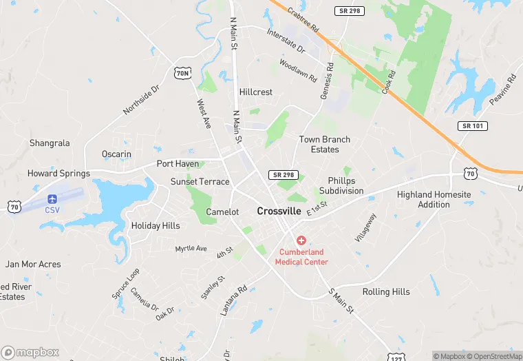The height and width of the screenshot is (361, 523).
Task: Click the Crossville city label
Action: [x=279, y=212]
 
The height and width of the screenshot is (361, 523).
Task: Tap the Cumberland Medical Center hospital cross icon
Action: [x=301, y=240]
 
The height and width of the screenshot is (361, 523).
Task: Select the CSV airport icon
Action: [x=52, y=198]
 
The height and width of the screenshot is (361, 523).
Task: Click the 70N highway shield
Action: [x=182, y=72]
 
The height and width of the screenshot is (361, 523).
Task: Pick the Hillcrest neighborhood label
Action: [x=256, y=92]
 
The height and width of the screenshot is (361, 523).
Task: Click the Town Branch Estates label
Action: [x=325, y=144]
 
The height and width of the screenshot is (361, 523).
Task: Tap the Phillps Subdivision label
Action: [x=341, y=185]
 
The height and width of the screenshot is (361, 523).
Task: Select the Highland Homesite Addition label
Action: [x=434, y=199]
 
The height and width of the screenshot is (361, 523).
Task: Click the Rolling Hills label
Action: [x=386, y=291]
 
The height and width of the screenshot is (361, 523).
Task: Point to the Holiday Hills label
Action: [x=156, y=225]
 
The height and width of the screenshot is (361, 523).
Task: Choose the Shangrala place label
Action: [x=50, y=143]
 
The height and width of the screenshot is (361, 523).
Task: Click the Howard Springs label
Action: [x=58, y=174]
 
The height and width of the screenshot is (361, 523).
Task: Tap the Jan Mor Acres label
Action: [x=33, y=264]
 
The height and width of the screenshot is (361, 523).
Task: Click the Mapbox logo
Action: [x=30, y=352]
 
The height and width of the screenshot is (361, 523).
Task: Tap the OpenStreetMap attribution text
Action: [x=494, y=356]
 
